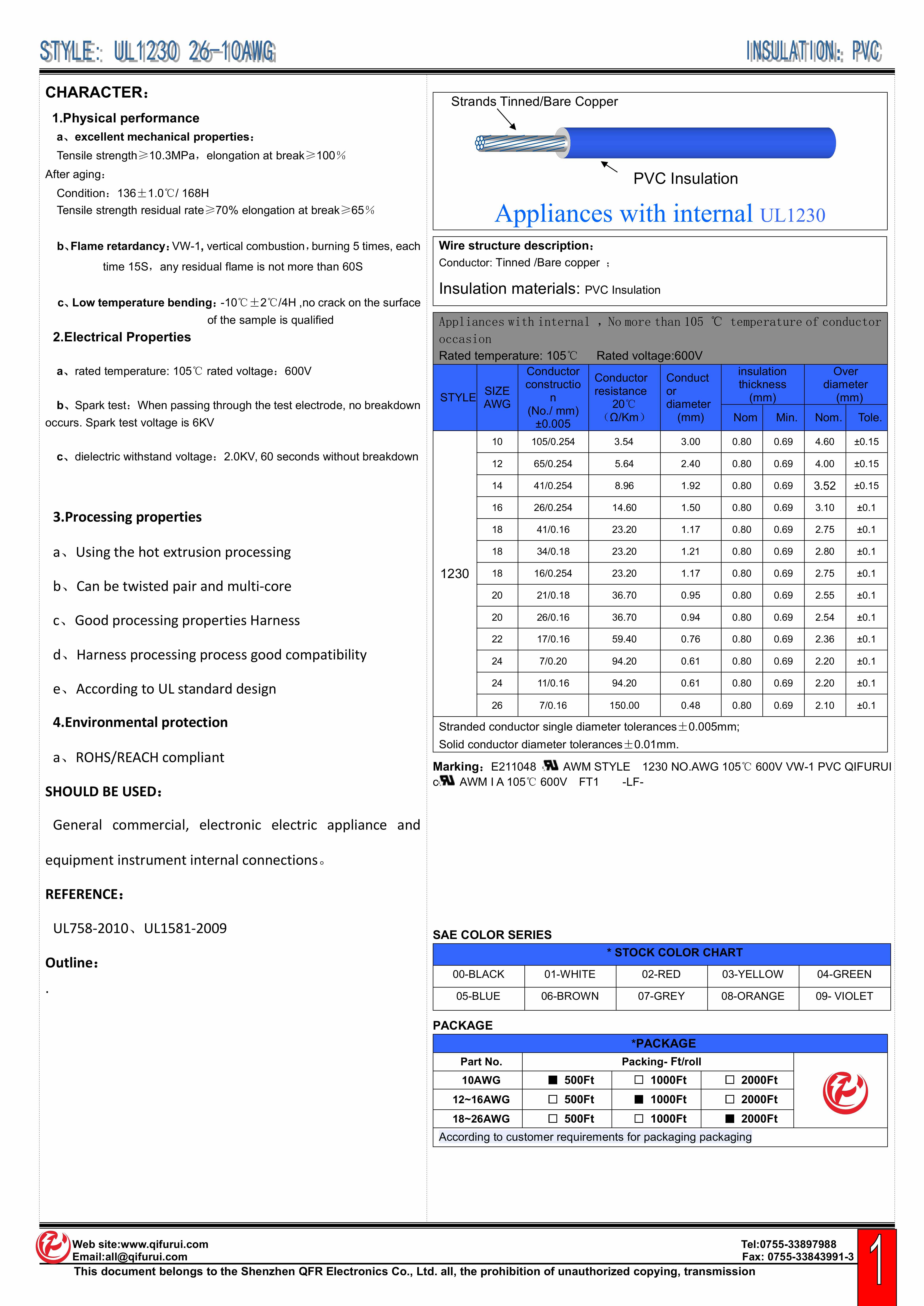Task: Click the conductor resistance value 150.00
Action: (624, 705)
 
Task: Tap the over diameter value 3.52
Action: (824, 486)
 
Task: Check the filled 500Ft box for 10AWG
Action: (552, 1080)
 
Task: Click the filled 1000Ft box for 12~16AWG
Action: (639, 1099)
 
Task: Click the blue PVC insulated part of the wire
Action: (700, 143)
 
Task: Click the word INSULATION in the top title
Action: (794, 52)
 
